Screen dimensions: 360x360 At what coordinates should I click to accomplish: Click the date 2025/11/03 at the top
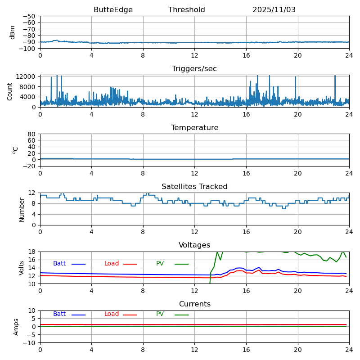point(274,10)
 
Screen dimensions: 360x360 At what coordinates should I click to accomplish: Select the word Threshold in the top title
point(186,10)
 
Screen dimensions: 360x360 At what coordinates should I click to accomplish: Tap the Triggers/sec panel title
point(194,69)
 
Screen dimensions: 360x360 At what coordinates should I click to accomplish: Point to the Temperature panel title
point(194,128)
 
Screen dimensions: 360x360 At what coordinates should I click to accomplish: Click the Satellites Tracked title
point(194,187)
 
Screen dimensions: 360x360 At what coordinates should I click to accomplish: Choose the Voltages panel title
point(194,245)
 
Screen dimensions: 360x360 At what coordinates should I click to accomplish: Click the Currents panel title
point(194,304)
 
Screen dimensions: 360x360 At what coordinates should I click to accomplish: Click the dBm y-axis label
point(13,32)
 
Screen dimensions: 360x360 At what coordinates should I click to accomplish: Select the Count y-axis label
point(10,91)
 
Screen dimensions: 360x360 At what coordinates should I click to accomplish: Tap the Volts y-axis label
point(22,268)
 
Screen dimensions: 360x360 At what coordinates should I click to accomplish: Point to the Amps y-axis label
point(16,327)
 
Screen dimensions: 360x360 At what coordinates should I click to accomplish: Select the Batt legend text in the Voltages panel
point(59,264)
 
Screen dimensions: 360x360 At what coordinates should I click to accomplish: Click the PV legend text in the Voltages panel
point(160,264)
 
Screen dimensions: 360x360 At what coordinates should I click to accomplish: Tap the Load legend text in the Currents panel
point(112,314)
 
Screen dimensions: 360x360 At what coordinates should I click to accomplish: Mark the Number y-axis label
point(22,209)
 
